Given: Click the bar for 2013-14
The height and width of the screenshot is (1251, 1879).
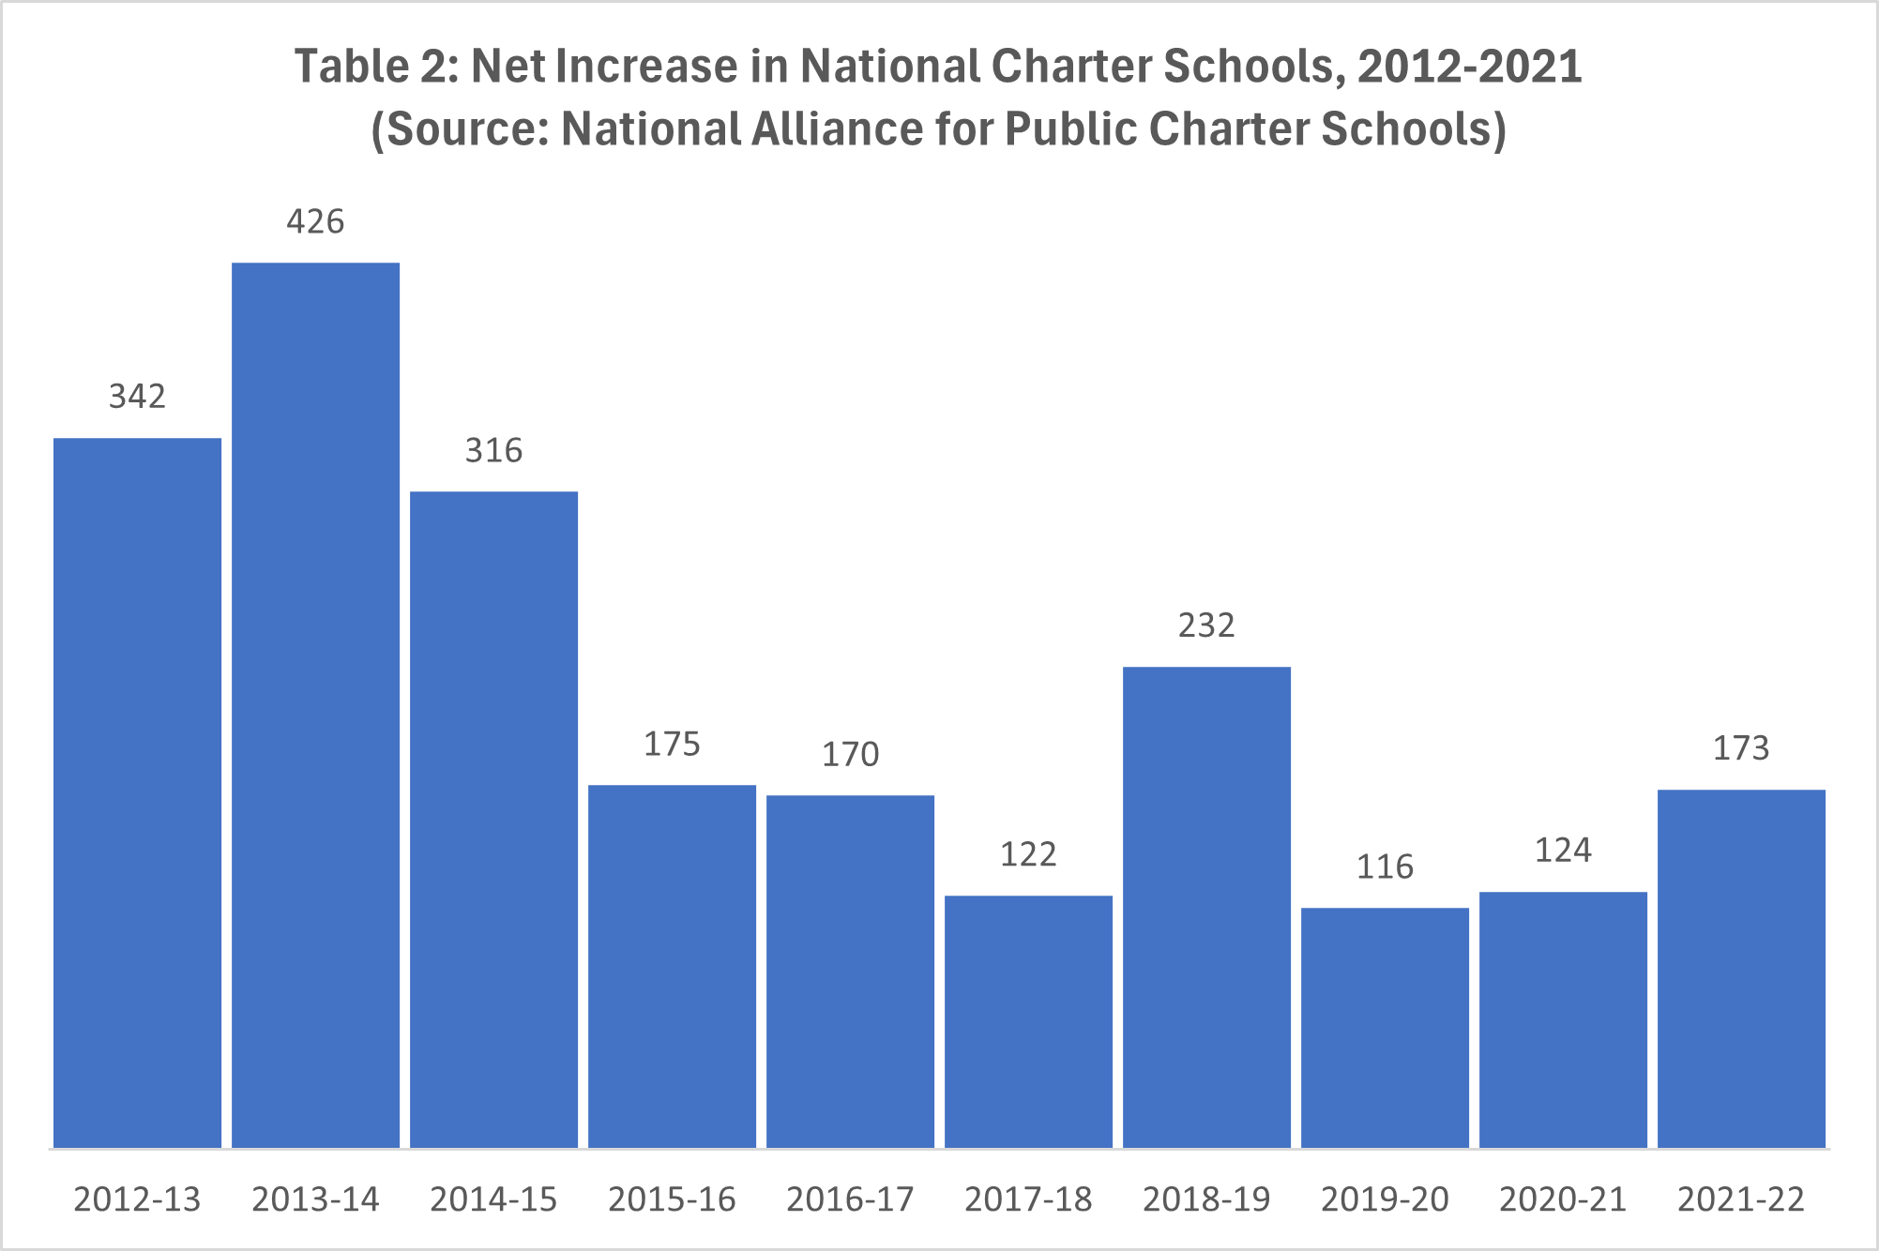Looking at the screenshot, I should coord(315,705).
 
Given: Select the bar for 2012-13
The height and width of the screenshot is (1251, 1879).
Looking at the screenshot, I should coord(137,792).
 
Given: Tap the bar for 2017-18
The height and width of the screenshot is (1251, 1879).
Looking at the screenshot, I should coord(1028,1021).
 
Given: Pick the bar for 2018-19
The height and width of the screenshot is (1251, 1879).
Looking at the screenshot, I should coord(1206,907).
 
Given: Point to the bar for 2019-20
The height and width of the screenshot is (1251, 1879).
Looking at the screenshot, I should coord(1385,1027).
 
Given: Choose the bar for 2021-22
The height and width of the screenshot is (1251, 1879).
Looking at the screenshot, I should coord(1741,968).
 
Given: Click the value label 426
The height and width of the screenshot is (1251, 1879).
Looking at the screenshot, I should coord(315,221).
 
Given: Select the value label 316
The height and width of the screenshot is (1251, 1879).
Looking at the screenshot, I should coord(493,451).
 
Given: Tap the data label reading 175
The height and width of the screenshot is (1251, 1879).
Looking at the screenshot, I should coord(672,745).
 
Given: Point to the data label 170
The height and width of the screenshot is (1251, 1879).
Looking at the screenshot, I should coord(850,755).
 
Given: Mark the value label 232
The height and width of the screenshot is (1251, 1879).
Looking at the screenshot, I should coord(1206,625).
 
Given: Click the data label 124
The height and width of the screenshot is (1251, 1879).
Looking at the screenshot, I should coord(1563,851).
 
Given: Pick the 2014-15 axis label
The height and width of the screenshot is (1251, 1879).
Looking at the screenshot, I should coord(493,1199).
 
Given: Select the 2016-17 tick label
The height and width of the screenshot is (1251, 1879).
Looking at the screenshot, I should coord(850,1199).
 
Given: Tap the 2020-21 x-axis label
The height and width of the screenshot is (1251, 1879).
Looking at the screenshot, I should coord(1563,1199).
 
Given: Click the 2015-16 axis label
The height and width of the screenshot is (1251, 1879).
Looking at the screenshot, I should coord(672,1199).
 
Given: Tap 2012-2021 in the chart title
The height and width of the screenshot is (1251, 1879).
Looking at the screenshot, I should coord(1469,67).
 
